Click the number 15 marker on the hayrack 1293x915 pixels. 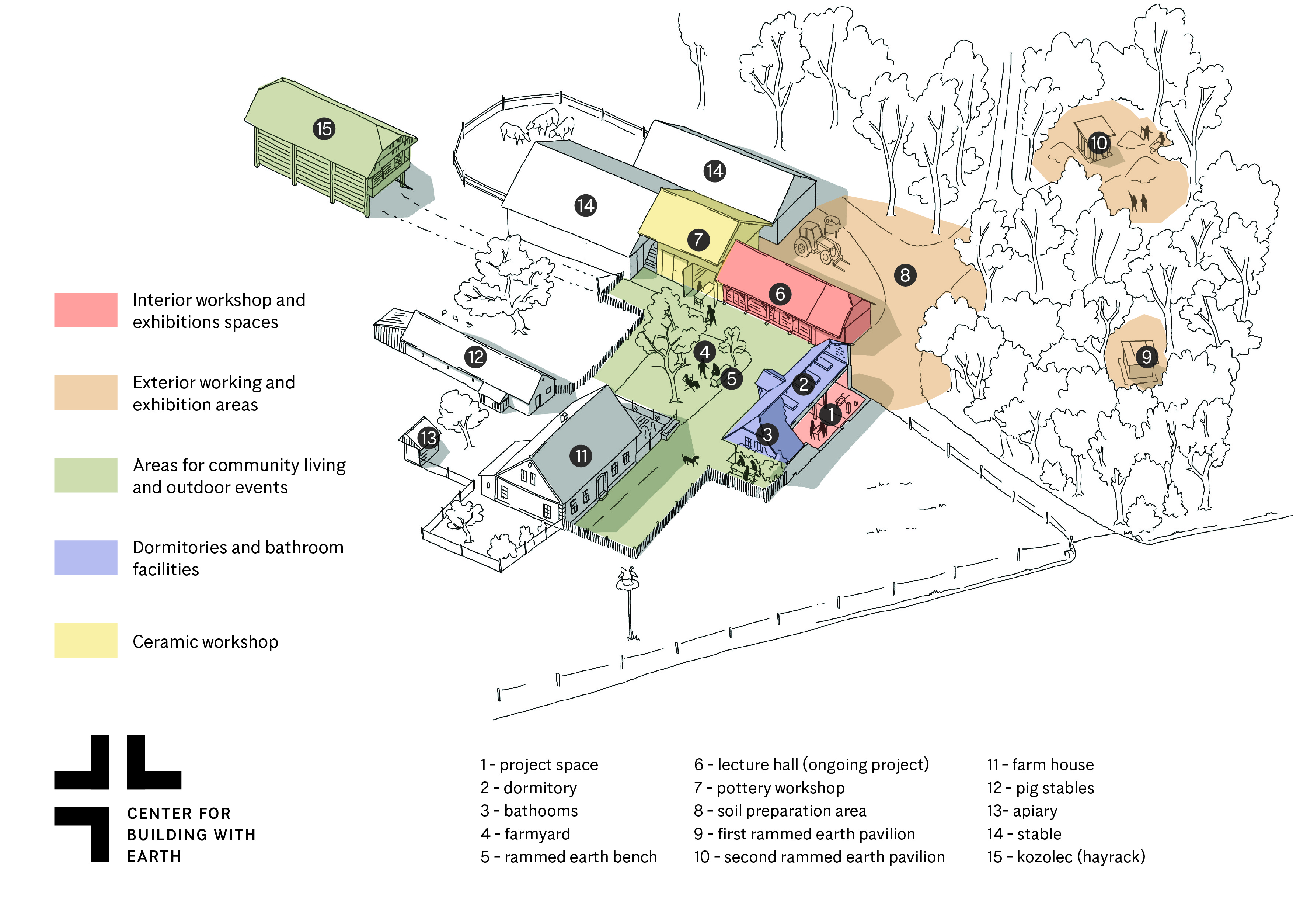324,129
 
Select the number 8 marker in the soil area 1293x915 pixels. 905,275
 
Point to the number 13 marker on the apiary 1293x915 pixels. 429,438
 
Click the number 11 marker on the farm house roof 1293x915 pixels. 581,455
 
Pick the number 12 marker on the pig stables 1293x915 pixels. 475,357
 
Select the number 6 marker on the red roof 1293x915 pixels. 780,294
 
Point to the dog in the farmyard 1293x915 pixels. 690,460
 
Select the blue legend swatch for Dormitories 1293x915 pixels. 86,557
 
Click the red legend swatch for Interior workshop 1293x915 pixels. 86,310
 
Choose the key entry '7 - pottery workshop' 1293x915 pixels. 769,788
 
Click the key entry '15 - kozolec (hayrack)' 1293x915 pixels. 1066,857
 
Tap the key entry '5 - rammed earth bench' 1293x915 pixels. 568,857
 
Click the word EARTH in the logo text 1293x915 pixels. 154,856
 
